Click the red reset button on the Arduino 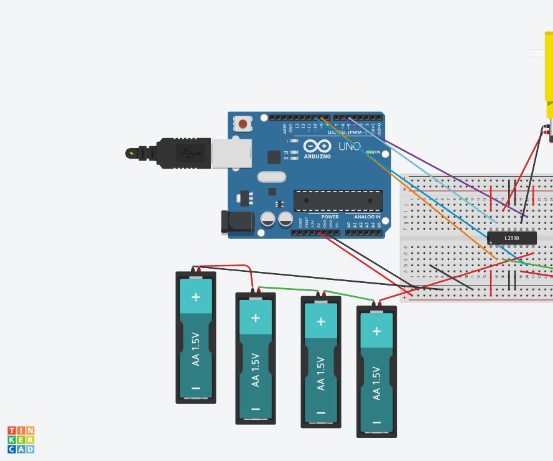point(243,124)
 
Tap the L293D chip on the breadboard point(511,238)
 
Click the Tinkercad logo point(21,440)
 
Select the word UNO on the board point(350,146)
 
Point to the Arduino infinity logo point(317,146)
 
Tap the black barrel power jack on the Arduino point(238,222)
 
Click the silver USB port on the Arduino point(231,153)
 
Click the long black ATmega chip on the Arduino point(338,201)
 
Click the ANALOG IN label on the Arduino point(367,217)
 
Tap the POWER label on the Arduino point(330,217)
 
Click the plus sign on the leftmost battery point(196,297)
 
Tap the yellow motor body point(549,68)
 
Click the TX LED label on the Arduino point(286,152)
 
